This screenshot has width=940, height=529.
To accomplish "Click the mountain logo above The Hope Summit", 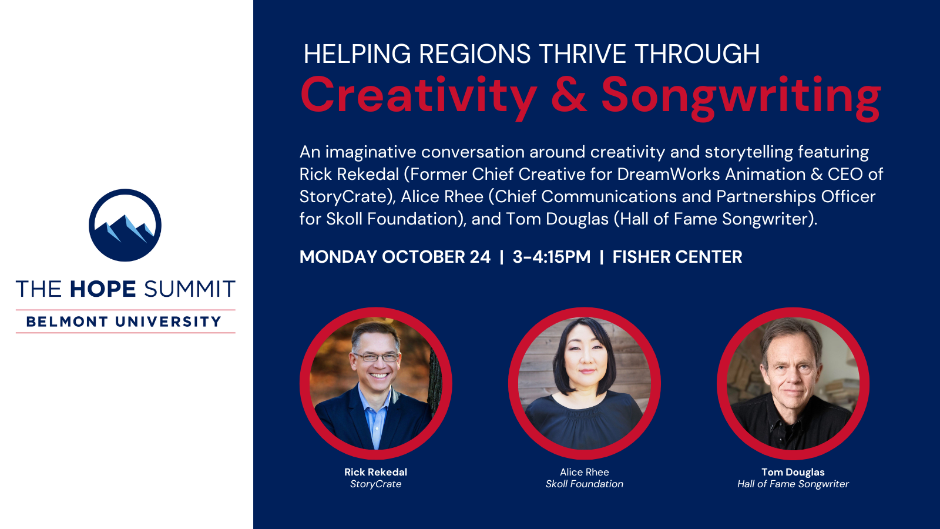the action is (125, 225).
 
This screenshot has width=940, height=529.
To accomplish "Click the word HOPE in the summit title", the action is (103, 289).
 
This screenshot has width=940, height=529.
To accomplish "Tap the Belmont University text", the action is (124, 322).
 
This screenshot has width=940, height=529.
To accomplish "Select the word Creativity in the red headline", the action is (419, 96).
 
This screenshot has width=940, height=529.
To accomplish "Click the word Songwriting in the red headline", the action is (741, 98).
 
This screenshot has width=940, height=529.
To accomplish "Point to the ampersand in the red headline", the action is (569, 95).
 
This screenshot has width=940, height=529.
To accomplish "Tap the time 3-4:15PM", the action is (552, 256).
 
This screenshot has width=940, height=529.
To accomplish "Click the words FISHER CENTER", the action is (677, 256).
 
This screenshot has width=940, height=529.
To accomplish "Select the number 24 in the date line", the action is (480, 256).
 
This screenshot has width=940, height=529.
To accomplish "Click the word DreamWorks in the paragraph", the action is (669, 174).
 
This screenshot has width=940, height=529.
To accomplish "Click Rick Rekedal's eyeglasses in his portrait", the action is (377, 357).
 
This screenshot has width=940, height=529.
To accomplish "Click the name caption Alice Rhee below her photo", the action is (584, 472).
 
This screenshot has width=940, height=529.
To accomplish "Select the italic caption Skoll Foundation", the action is (584, 484).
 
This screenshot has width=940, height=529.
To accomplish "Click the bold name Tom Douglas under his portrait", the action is (793, 472).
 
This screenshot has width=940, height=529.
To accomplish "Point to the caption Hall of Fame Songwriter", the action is (793, 484).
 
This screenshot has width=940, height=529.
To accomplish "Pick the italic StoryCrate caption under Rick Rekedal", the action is (375, 484).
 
